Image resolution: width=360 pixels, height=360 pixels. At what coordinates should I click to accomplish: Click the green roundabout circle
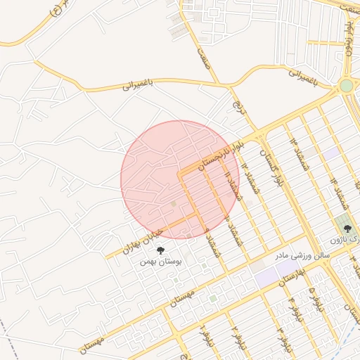(345, 86)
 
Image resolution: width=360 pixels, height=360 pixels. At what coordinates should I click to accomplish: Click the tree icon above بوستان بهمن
(161, 249)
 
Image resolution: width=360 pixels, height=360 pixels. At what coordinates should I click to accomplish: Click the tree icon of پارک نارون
(346, 227)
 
